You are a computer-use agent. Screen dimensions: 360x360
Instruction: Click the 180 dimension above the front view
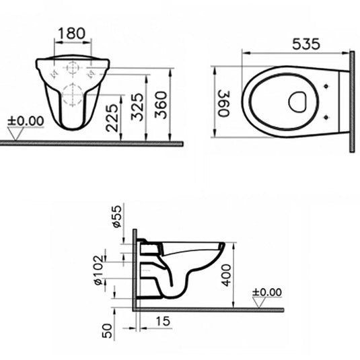pyautogui.click(x=71, y=32)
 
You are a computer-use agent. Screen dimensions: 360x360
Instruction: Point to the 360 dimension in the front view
pyautogui.click(x=161, y=104)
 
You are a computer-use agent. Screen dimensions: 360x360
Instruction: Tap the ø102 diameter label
pyautogui.click(x=98, y=270)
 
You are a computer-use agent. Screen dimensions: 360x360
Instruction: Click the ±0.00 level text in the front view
pyautogui.click(x=26, y=120)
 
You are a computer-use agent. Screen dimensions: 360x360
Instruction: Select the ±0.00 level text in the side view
pyautogui.click(x=267, y=292)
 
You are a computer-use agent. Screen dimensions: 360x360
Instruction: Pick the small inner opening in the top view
pyautogui.click(x=297, y=102)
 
